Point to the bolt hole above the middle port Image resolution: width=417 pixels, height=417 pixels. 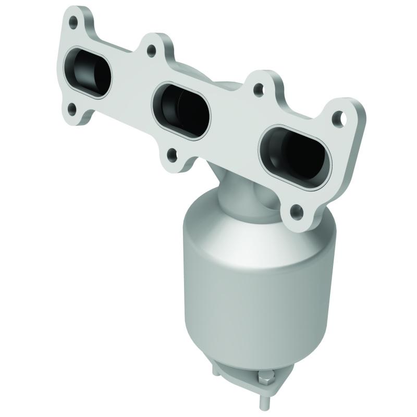152,50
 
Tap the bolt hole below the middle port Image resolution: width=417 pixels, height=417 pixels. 170,153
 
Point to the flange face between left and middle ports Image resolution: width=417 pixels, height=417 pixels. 130,86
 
